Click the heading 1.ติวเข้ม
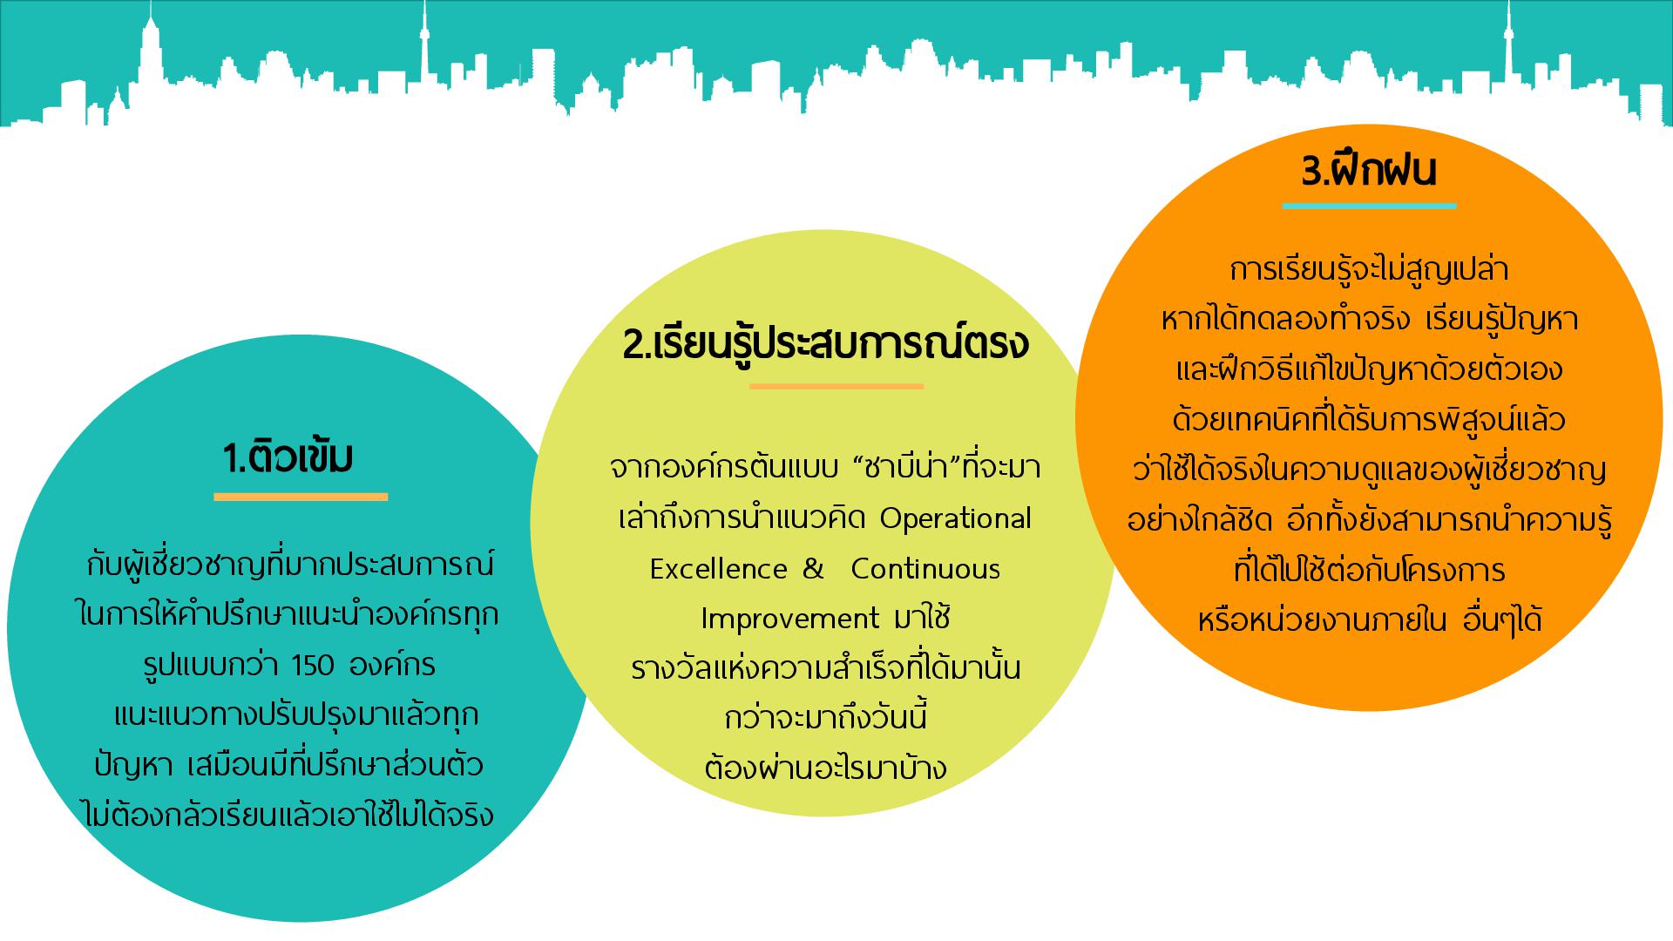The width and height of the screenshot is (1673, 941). click(x=288, y=458)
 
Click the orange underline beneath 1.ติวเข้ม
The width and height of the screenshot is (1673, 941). click(x=301, y=497)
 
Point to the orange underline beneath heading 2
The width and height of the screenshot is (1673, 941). click(x=836, y=385)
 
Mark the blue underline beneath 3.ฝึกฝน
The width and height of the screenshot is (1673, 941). click(x=1369, y=206)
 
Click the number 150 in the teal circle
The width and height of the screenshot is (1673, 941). click(x=314, y=667)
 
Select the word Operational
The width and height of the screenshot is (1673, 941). click(x=956, y=519)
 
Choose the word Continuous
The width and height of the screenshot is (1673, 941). click(x=925, y=569)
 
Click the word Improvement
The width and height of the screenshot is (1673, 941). click(x=789, y=619)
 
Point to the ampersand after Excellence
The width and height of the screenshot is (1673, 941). click(x=813, y=569)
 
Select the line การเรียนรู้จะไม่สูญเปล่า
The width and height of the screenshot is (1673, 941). click(x=1369, y=269)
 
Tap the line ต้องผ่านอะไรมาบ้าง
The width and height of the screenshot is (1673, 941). click(x=825, y=768)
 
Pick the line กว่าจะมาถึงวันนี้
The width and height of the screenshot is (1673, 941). click(x=825, y=718)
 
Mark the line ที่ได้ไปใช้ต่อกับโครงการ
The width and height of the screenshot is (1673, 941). click(x=1369, y=571)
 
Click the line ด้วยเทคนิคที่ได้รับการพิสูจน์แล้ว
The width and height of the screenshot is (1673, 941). click(x=1369, y=420)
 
